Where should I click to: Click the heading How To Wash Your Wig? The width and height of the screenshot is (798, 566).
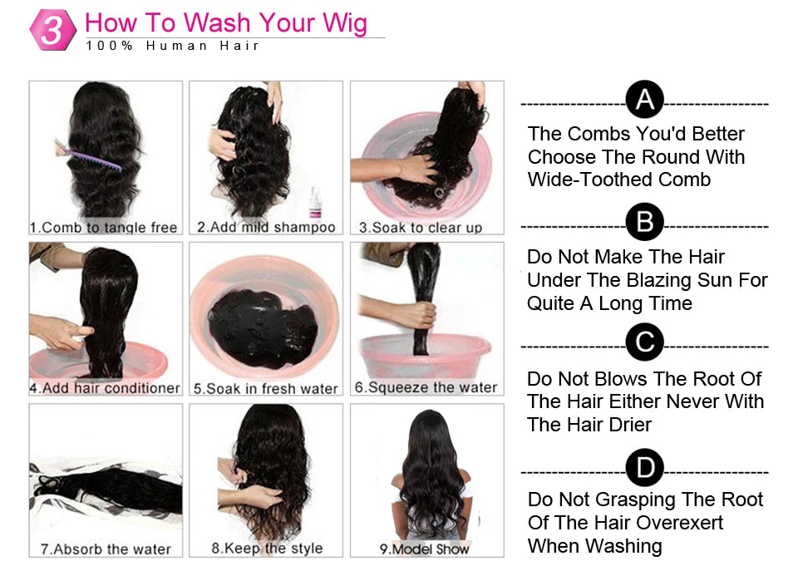click(226, 22)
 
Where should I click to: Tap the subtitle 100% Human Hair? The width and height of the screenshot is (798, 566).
click(173, 46)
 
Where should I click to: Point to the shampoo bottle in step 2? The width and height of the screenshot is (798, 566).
click(315, 202)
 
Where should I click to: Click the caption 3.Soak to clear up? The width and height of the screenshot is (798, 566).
click(421, 227)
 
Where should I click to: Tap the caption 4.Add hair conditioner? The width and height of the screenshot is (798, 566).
click(106, 388)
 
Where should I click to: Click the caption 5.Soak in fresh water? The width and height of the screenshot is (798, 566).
click(266, 388)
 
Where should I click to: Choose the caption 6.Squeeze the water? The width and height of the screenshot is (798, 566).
click(426, 387)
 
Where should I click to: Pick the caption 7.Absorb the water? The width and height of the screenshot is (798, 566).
click(106, 549)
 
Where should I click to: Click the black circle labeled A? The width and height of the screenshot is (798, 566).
click(644, 101)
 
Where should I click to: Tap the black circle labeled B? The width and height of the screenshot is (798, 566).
click(644, 223)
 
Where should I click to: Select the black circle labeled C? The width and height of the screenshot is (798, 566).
click(644, 342)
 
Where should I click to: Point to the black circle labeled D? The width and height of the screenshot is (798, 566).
click(644, 468)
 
